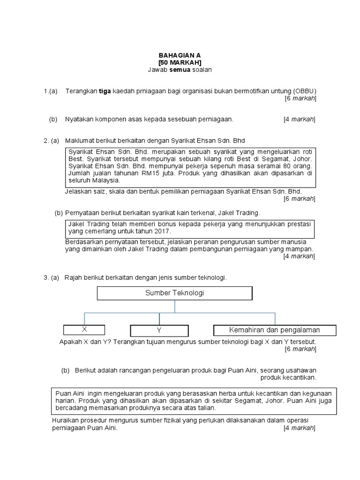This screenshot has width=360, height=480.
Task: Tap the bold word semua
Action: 180,70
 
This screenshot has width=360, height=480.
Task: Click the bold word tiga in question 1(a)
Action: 104,90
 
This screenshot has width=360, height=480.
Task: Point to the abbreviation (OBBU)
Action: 304,90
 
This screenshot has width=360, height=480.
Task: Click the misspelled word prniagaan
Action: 158,90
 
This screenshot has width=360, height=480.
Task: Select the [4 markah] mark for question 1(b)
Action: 300,120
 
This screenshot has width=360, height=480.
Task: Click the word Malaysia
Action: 106,180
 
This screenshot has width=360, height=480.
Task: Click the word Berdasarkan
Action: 83,242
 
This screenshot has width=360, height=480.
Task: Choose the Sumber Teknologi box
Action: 174,293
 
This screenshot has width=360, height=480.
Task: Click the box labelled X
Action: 84,330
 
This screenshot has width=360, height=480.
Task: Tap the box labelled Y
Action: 159,330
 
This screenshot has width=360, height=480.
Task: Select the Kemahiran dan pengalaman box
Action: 274,330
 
